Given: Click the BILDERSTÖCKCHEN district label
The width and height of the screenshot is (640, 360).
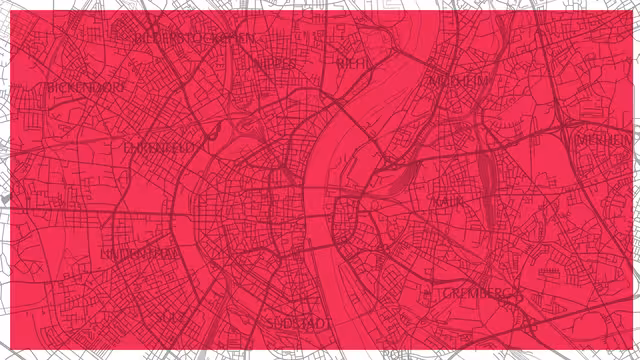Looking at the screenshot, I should (195, 38).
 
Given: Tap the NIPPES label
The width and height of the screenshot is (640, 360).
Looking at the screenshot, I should (275, 62).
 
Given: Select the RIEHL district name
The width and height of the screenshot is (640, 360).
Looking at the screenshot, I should (353, 62).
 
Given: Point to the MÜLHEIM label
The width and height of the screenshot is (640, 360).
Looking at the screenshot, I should (459, 80).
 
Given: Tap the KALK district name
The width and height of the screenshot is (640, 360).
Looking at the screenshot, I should (445, 201).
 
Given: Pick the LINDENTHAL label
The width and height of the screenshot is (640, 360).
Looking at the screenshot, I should (139, 254).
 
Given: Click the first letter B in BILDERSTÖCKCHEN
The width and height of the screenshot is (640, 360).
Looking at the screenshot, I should (137, 38).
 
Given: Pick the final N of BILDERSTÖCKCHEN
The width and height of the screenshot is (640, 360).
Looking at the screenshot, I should (251, 38).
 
